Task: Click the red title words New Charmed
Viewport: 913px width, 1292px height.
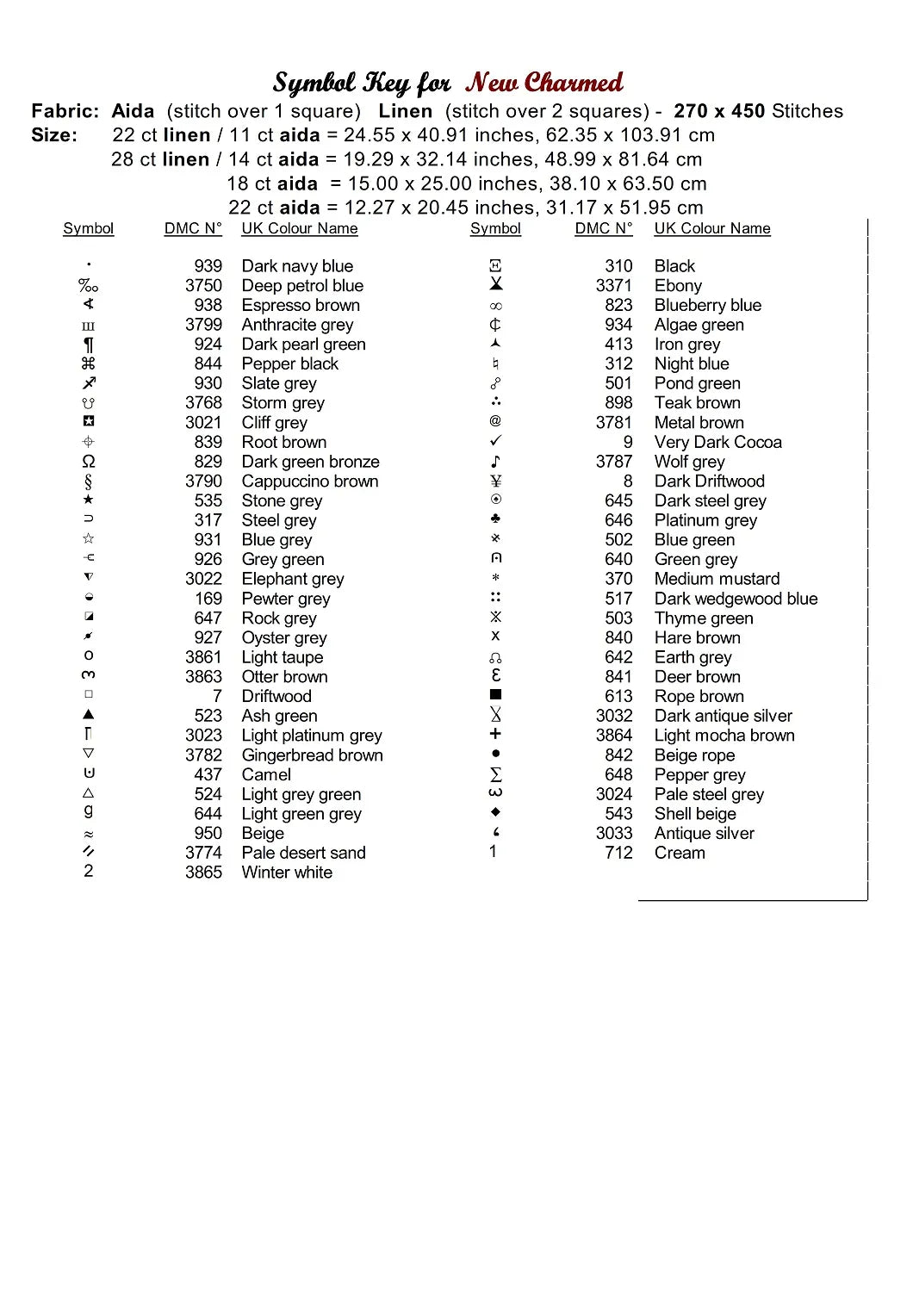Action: (x=543, y=83)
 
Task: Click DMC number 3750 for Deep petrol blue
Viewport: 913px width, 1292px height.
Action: (x=203, y=286)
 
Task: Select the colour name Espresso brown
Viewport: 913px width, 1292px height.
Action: (x=301, y=306)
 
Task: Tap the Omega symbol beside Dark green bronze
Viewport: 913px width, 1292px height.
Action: (x=89, y=462)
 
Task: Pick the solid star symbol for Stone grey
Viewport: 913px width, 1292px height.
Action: (x=89, y=500)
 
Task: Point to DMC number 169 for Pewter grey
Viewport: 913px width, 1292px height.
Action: (x=208, y=599)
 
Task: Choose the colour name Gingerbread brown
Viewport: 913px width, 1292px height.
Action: (x=312, y=755)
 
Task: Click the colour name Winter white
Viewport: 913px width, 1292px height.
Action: (x=287, y=873)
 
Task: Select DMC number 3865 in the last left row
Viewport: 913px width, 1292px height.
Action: (x=203, y=873)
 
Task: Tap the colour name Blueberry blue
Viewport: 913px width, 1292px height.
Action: (x=707, y=306)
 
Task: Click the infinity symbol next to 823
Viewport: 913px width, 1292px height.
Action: (x=495, y=306)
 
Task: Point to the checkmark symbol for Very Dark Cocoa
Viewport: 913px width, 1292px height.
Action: (x=495, y=441)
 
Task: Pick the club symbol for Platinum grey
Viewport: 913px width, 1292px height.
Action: (x=495, y=519)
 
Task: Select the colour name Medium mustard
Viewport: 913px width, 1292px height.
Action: (x=717, y=579)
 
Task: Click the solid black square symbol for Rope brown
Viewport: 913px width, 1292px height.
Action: (x=495, y=695)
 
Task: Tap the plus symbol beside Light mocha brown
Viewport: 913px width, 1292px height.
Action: (x=495, y=734)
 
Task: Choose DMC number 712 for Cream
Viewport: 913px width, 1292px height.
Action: (x=618, y=853)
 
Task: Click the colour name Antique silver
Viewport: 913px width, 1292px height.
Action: (x=704, y=834)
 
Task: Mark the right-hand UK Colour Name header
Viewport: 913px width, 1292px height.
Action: (x=711, y=228)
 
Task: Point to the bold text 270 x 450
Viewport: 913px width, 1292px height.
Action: (x=719, y=111)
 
